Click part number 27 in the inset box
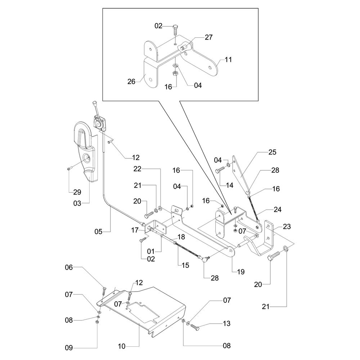tap(208, 37)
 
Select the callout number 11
tap(229, 60)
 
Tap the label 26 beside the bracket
tap(131, 82)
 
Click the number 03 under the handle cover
tap(78, 204)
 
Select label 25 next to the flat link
tap(272, 152)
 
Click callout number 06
tap(69, 267)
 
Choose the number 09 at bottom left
tap(69, 348)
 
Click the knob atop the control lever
tap(95, 103)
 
